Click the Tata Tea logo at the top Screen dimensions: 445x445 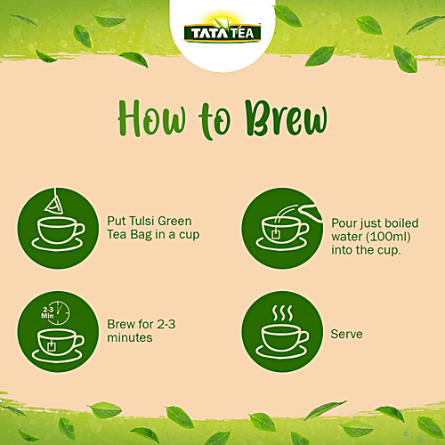tap(222, 33)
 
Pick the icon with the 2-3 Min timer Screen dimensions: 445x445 tap(60, 330)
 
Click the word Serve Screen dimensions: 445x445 tap(346, 335)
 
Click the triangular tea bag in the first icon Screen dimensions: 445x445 tap(54, 204)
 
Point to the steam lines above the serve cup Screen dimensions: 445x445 tap(283, 313)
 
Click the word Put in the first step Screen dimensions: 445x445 tap(116, 221)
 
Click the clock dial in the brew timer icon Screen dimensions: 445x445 tap(65, 311)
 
